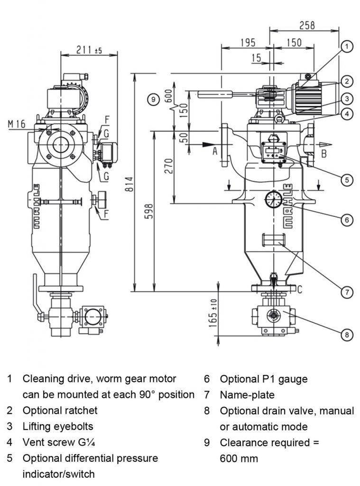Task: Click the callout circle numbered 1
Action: [347, 47]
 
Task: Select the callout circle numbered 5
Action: [347, 179]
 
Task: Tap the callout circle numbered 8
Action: [347, 335]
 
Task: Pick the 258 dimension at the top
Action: [306, 26]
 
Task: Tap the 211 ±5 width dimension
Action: [89, 50]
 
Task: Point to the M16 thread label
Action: [17, 124]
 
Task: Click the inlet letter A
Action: [214, 151]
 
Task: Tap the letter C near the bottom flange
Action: [300, 288]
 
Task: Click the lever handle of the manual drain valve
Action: [35, 294]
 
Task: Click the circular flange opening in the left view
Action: [61, 146]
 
